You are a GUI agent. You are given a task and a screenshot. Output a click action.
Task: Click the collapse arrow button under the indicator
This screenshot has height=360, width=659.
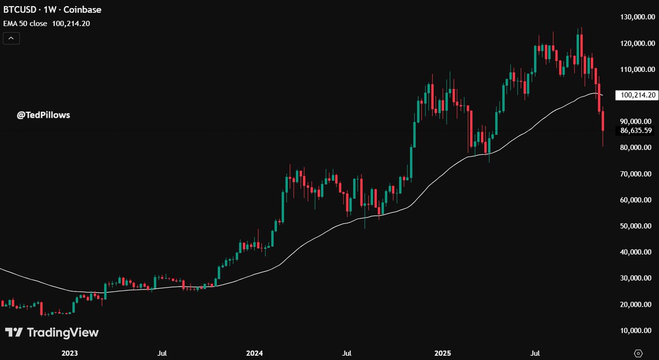pyautogui.click(x=12, y=38)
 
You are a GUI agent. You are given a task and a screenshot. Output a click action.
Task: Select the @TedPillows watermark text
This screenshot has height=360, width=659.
pyautogui.click(x=43, y=115)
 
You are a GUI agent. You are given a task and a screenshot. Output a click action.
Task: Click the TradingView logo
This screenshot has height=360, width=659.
pyautogui.click(x=52, y=333)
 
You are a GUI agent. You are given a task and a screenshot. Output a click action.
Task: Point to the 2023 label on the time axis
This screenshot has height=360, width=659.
pyautogui.click(x=70, y=353)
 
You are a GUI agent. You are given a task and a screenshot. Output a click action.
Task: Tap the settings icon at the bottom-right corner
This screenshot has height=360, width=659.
pyautogui.click(x=638, y=352)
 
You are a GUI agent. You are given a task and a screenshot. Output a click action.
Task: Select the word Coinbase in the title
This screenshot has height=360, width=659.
pyautogui.click(x=85, y=9)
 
